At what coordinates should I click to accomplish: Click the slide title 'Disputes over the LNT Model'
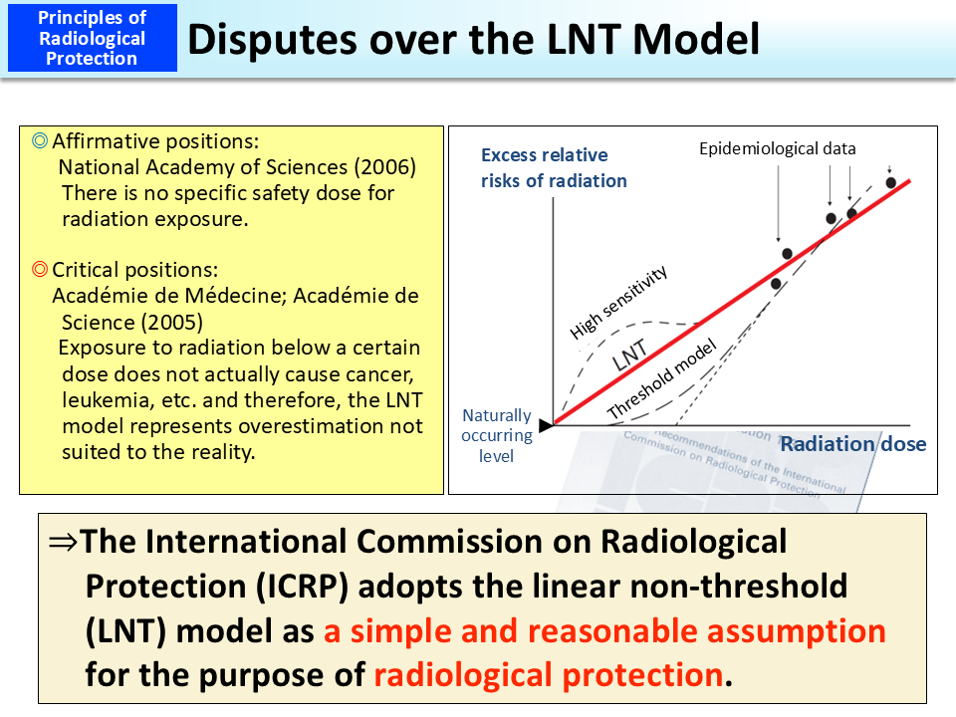(x=473, y=39)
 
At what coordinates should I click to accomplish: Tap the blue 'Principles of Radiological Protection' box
(x=92, y=38)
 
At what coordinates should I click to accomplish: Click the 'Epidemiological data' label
(x=777, y=149)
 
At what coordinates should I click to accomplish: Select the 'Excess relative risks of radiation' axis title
(x=553, y=168)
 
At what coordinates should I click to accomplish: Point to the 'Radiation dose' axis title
(x=852, y=444)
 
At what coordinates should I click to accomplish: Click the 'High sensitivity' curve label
(x=618, y=303)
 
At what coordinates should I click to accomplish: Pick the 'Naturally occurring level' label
(x=497, y=435)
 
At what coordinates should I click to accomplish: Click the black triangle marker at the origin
(x=545, y=425)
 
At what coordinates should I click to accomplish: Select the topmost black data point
(x=891, y=182)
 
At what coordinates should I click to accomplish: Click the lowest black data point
(x=776, y=283)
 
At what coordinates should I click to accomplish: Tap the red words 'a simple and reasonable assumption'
(x=604, y=630)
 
